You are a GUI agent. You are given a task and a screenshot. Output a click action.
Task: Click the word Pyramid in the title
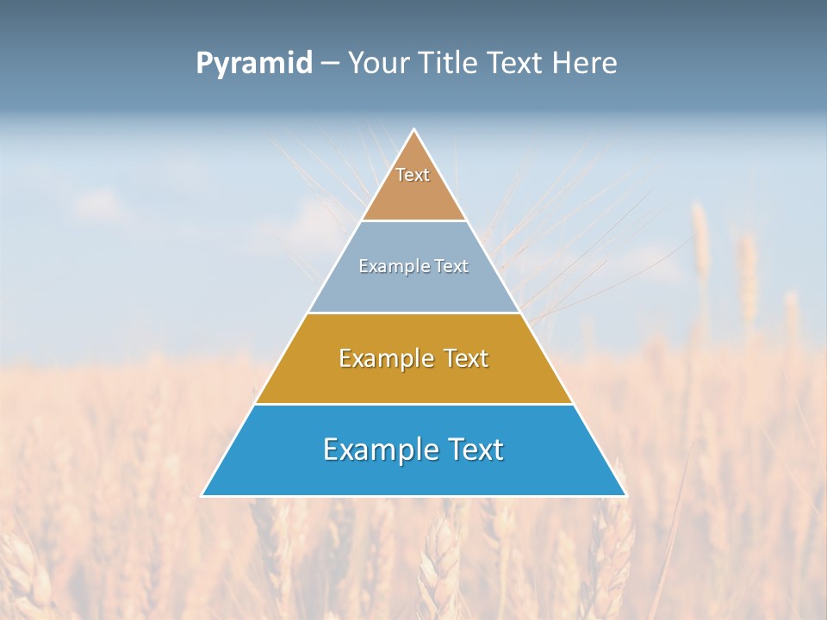click(x=254, y=64)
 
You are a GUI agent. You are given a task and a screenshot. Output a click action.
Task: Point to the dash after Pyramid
click(x=330, y=64)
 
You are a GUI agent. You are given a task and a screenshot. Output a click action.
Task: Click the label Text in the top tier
click(x=413, y=175)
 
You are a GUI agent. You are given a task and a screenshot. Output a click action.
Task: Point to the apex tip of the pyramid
click(x=414, y=131)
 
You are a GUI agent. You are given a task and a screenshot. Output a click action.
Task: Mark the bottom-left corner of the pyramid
click(x=203, y=495)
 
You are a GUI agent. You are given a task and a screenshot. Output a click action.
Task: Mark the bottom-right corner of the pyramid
click(x=625, y=495)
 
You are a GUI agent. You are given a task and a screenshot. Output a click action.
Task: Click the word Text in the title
click(x=517, y=64)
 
